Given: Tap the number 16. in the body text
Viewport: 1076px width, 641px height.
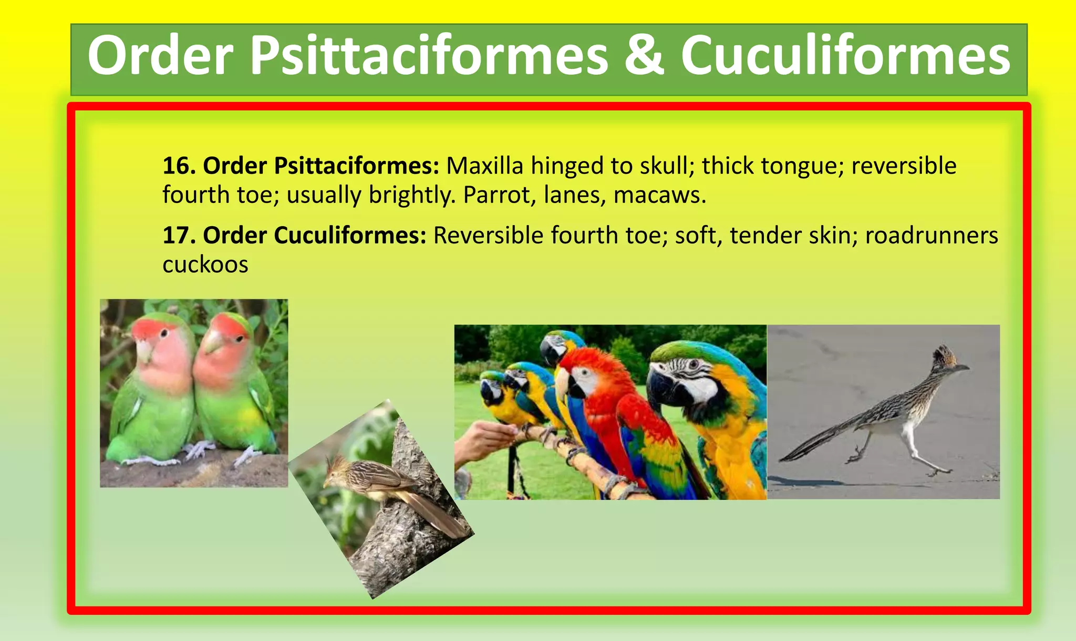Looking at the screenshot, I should tap(179, 166).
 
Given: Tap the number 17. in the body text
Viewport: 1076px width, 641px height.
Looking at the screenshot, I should tap(179, 236).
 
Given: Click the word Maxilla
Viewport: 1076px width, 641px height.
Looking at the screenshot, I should tap(484, 166).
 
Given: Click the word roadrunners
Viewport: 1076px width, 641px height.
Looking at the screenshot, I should tap(931, 236).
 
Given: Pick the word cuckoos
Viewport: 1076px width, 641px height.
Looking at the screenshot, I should tap(205, 264).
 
